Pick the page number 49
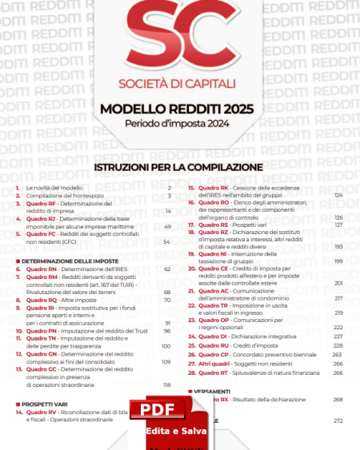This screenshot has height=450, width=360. pyautogui.click(x=167, y=226)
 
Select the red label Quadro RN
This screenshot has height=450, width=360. pyautogui.click(x=41, y=269)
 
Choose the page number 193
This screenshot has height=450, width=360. pyautogui.click(x=338, y=247)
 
